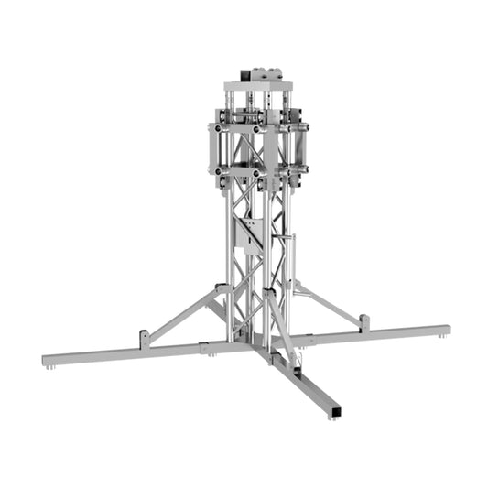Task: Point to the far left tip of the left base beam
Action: pyautogui.click(x=46, y=359)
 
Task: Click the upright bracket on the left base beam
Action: pyautogui.click(x=145, y=338)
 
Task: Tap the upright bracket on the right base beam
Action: pyautogui.click(x=364, y=322)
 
